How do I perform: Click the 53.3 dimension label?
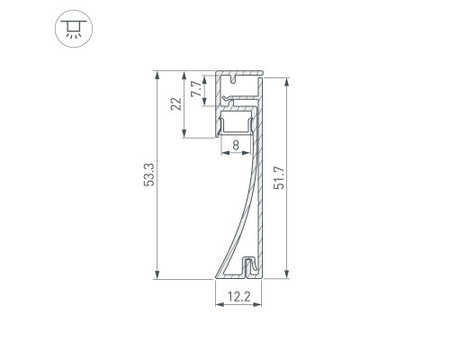pos(148,175)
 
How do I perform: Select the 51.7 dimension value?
pos(279,177)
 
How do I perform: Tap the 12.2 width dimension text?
pos(238,297)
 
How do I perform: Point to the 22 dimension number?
pos(176,104)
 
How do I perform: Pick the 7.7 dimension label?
pos(196,88)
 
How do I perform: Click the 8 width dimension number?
pos(236,146)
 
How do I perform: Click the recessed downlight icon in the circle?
pos(74,29)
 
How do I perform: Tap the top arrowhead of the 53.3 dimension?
pos(157,75)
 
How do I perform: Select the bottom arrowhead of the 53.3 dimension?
pos(157,274)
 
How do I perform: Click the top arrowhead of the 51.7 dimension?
pos(287,82)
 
